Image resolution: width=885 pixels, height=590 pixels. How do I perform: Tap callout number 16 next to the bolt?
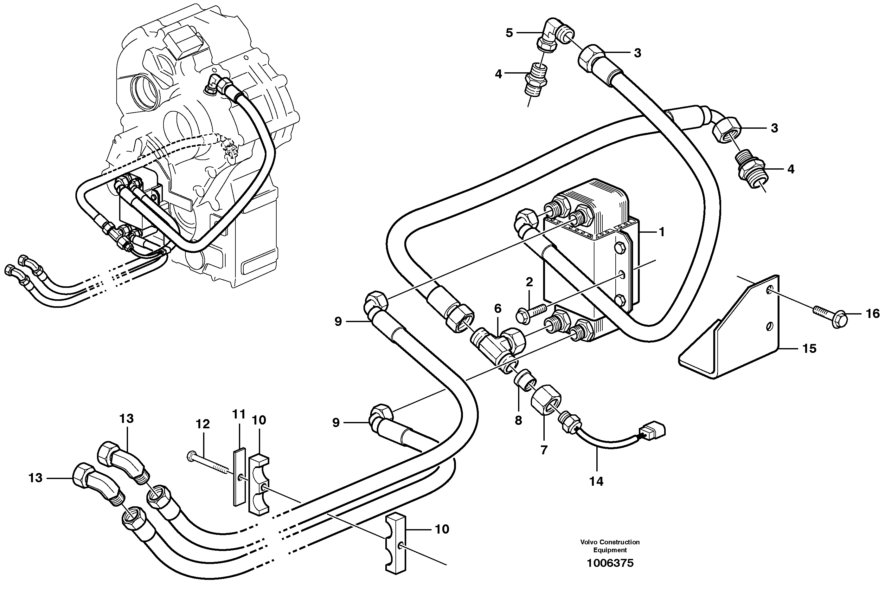(x=873, y=314)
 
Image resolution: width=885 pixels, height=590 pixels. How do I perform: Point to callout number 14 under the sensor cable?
(x=596, y=481)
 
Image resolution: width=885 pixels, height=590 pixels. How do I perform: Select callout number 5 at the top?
(x=509, y=33)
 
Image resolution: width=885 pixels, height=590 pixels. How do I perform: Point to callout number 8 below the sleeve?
(x=518, y=420)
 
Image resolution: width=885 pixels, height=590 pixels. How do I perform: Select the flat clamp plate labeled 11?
(x=238, y=477)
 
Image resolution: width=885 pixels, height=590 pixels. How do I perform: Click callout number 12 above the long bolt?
(x=203, y=424)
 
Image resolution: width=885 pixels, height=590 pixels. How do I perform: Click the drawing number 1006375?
(x=609, y=563)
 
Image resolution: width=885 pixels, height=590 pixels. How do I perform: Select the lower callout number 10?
(x=442, y=529)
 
